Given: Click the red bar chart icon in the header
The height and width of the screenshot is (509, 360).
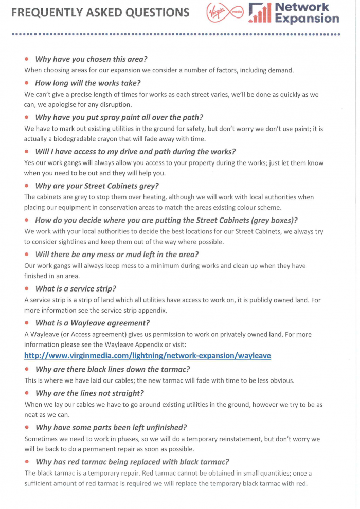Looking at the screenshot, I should click(259, 13).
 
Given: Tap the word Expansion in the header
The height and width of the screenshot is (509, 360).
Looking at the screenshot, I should click(307, 19).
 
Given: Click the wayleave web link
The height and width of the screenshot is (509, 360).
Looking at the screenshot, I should click(147, 355).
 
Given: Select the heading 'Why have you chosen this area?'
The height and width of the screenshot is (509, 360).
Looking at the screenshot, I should click(84, 59).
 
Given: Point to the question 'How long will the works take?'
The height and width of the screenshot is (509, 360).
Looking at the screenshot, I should click(88, 83).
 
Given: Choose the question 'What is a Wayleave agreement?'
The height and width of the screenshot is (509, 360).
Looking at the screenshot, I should click(93, 323).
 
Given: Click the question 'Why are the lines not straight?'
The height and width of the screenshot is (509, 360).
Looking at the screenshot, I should click(89, 393).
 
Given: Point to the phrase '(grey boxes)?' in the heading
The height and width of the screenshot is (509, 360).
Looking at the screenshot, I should click(271, 220).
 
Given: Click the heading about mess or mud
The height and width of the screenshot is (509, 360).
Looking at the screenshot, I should click(117, 254).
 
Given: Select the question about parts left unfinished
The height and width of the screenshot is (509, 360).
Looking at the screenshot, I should click(111, 427).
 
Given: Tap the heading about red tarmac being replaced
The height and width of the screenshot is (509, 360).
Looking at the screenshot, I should click(132, 461).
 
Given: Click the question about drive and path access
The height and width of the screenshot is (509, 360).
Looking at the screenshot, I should click(135, 151).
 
